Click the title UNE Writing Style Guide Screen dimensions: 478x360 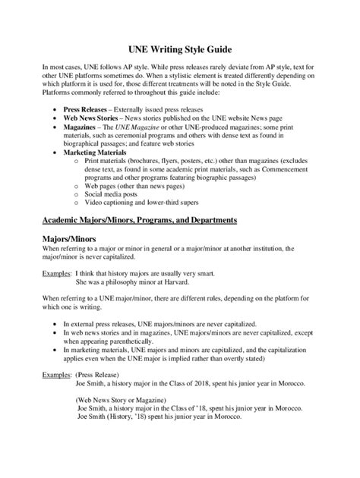pyautogui.click(x=179, y=48)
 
